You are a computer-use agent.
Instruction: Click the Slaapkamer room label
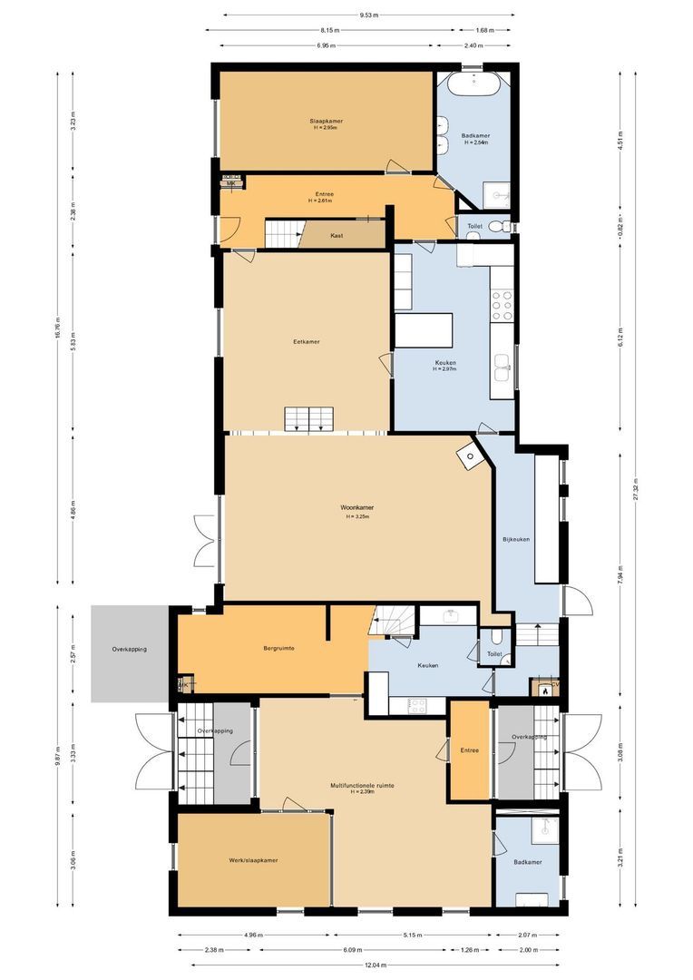325,121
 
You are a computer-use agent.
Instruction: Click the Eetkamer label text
307,342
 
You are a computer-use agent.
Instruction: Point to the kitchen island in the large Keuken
424,330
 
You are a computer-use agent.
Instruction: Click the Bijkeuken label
515,540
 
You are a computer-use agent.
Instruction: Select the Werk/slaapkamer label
253,860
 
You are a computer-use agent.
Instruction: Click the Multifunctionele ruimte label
362,786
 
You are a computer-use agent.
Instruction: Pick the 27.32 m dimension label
636,495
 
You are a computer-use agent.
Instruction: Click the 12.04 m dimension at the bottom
368,965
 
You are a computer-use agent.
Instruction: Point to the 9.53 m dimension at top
368,15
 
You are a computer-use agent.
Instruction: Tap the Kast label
337,235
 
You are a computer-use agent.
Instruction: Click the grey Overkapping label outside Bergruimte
129,650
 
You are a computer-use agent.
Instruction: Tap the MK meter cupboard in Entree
230,183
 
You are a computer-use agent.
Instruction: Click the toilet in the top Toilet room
494,226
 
